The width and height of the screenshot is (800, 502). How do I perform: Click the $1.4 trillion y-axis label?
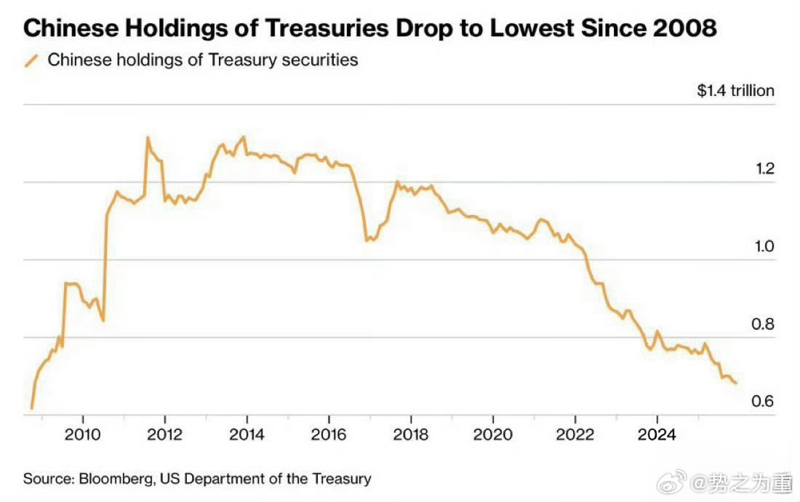pyautogui.click(x=735, y=91)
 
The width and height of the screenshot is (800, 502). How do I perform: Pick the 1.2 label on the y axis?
pyautogui.click(x=764, y=169)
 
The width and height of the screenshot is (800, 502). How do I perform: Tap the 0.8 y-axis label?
pyautogui.click(x=764, y=325)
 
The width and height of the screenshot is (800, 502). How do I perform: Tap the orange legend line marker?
pyautogui.click(x=31, y=60)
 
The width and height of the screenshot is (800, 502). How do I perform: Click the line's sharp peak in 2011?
pyautogui.click(x=147, y=137)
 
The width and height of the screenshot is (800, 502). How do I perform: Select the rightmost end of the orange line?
pyautogui.click(x=736, y=383)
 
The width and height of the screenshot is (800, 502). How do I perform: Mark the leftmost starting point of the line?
pyautogui.click(x=31, y=408)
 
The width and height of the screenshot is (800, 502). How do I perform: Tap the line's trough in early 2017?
pyautogui.click(x=367, y=240)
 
